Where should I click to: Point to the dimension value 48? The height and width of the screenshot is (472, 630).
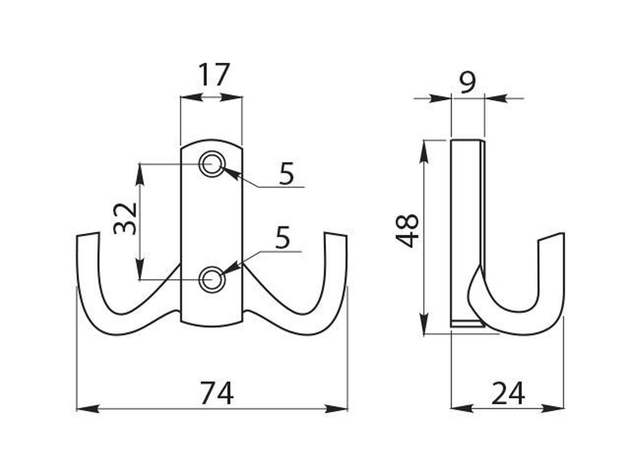[x=407, y=231]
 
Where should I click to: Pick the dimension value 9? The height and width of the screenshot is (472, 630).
[x=467, y=83]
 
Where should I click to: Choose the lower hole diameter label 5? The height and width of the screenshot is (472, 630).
[x=282, y=238]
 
